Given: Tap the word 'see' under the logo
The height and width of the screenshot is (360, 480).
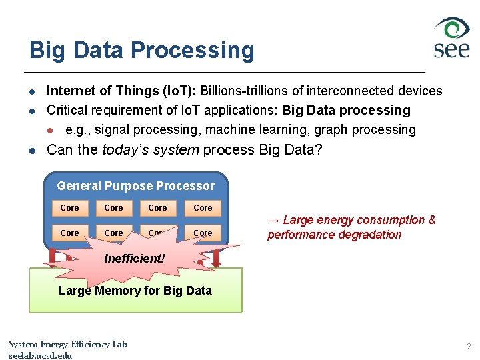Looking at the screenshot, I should pos(451,49).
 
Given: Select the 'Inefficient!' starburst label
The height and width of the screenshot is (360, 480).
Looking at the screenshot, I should pos(134,258).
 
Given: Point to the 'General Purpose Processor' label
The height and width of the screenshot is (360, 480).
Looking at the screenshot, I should pos(135,186).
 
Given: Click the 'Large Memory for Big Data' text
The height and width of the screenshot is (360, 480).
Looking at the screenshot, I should pos(135,290).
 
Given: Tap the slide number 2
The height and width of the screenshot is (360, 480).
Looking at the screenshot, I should pos(469,347).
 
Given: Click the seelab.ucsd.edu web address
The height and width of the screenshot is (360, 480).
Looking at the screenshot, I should pos(40,355).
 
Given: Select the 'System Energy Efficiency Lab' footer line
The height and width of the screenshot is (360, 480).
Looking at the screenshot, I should pos(67,344).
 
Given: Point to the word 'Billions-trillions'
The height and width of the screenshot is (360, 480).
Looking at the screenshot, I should pos(245,91).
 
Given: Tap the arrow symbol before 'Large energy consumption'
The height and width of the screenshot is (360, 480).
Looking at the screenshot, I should pos(273,220).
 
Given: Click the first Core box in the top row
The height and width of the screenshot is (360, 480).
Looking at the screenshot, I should pos(69,208).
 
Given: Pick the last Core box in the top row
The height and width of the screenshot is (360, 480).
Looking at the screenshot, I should pos(203,208).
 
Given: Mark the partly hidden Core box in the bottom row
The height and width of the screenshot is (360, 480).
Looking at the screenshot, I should pos(157,233).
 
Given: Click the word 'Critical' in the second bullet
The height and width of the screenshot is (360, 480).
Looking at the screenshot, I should pos(69,110).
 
